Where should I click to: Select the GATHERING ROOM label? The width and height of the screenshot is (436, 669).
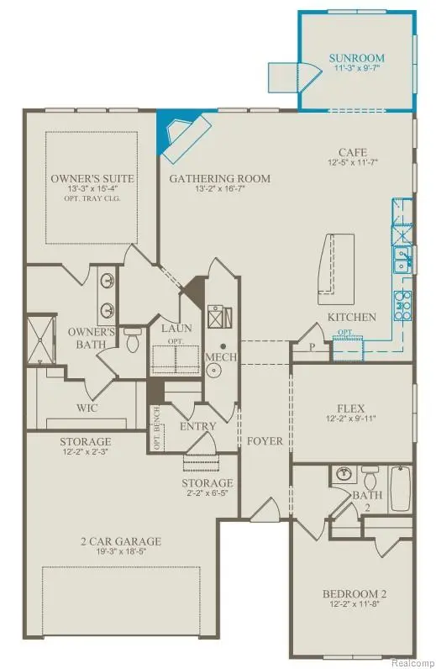pos(220,178)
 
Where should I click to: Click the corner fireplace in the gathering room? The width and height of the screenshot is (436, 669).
pos(185,136)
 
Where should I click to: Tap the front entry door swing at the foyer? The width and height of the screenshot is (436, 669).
pos(267,508)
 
